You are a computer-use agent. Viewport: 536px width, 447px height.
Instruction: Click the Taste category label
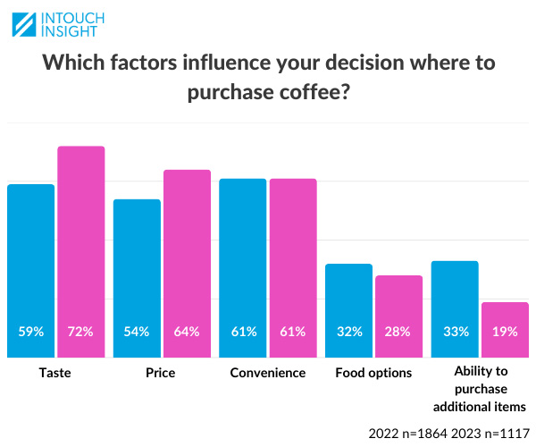[x=55, y=373]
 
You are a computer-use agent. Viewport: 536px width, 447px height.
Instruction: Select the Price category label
[x=162, y=373]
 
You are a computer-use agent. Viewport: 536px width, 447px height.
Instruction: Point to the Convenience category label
[x=267, y=373]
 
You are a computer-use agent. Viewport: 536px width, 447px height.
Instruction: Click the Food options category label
[x=373, y=373]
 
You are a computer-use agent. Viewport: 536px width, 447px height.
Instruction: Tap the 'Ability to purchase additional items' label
[x=480, y=390]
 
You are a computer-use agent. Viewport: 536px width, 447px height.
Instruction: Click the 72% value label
[x=81, y=332]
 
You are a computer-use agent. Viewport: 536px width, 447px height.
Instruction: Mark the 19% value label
[x=505, y=332]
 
